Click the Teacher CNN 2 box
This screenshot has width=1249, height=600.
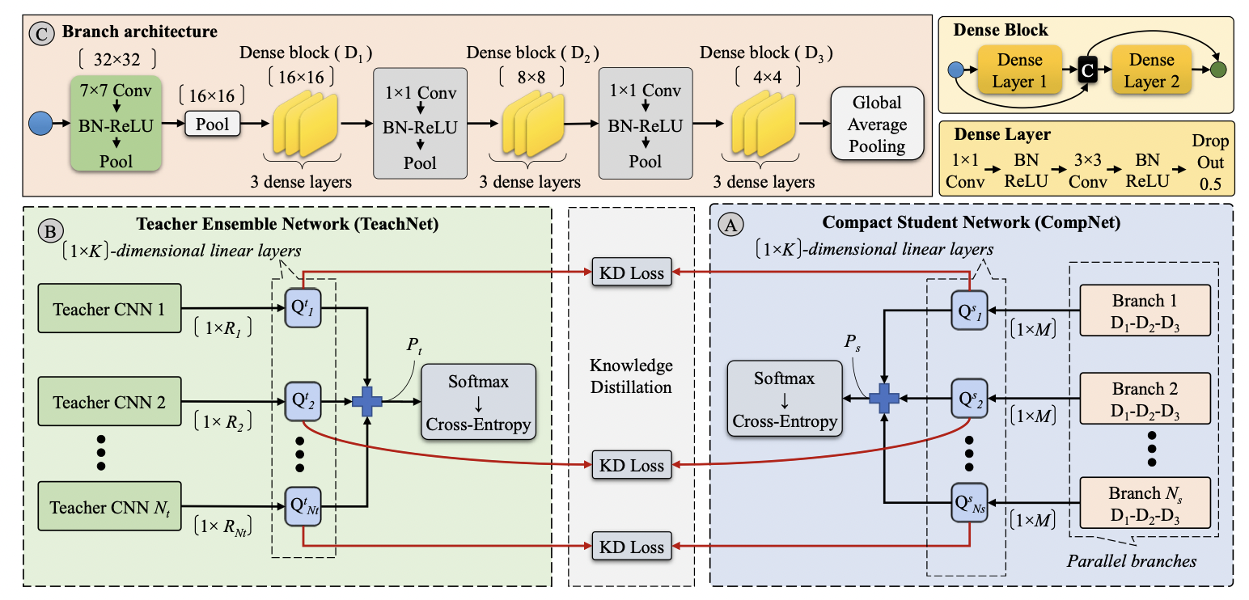(x=110, y=401)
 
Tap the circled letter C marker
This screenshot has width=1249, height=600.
(x=39, y=33)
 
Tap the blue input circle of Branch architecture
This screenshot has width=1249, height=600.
(x=40, y=125)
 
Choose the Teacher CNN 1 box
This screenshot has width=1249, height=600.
(x=110, y=308)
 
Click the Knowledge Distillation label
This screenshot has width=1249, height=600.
(x=631, y=376)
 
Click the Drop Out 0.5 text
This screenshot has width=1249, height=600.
(x=1209, y=163)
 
